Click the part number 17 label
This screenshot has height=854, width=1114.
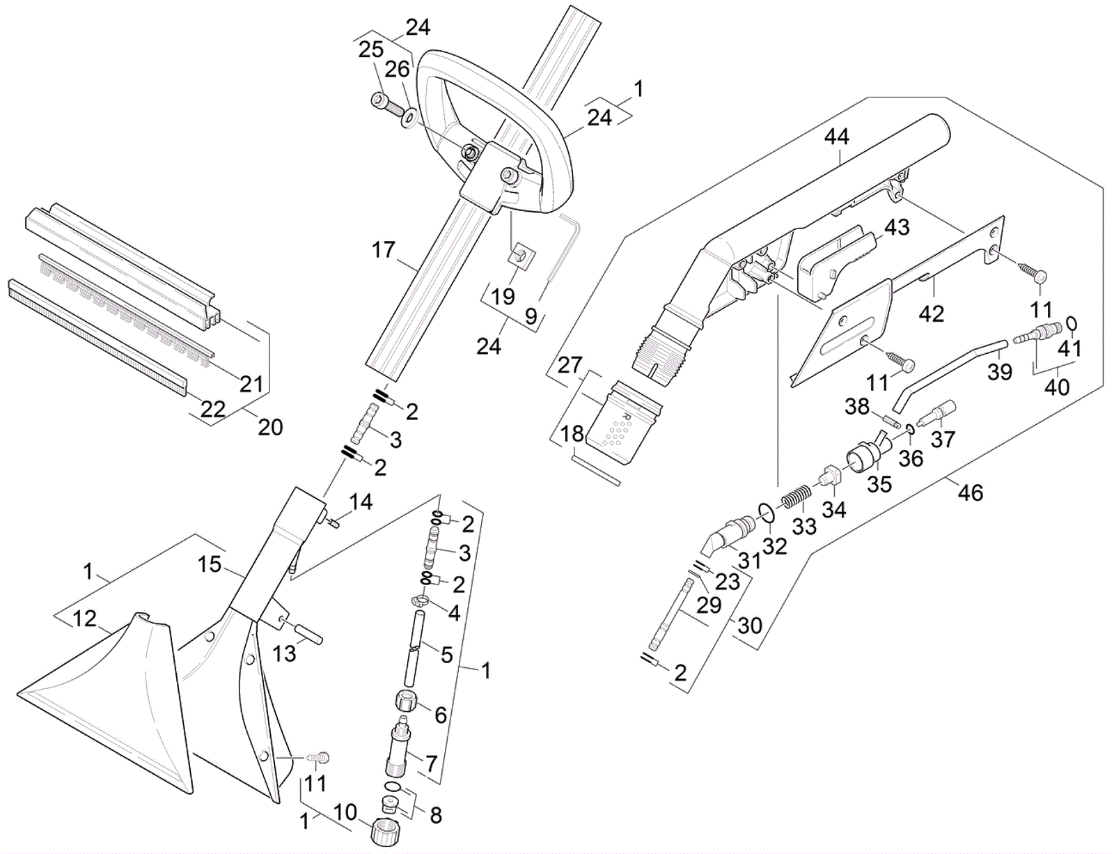(384, 249)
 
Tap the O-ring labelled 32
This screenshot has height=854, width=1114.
(766, 513)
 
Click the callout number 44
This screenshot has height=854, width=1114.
(836, 137)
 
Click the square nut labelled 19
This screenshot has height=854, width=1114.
(520, 256)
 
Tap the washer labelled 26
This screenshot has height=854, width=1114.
(409, 116)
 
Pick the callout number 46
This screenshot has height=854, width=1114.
(971, 493)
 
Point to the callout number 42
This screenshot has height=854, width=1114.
(932, 313)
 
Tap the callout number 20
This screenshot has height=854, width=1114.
(270, 426)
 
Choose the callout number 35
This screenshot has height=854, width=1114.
(879, 483)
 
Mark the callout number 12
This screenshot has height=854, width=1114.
(85, 619)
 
